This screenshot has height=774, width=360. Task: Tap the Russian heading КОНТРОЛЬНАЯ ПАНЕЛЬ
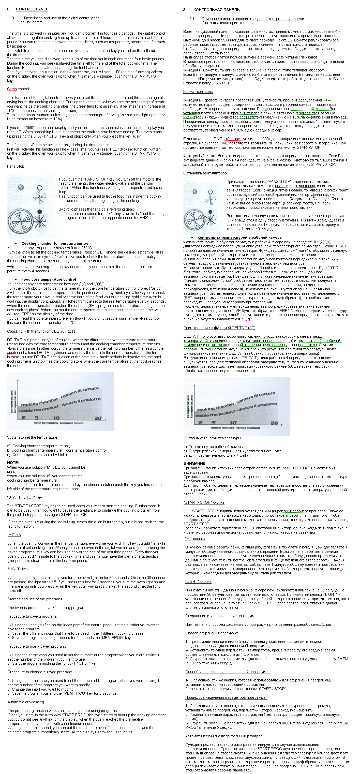click(x=216, y=10)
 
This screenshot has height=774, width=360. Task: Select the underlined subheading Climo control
click(x=18, y=89)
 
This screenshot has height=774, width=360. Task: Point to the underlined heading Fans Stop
click(x=16, y=167)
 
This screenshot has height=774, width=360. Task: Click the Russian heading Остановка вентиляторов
click(x=205, y=173)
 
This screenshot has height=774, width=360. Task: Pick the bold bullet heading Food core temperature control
click(x=48, y=279)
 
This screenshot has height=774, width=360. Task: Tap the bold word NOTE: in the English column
click(x=13, y=463)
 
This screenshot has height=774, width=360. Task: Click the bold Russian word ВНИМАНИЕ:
click(x=195, y=464)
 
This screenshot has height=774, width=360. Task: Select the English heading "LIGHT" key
click(x=18, y=569)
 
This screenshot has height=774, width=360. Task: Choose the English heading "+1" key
click(x=14, y=535)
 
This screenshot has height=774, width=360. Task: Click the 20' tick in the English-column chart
click(x=98, y=418)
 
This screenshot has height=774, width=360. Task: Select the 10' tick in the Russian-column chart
click(x=233, y=423)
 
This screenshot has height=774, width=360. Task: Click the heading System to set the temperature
click(x=32, y=438)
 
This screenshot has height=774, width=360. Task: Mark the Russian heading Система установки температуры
click(x=212, y=438)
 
